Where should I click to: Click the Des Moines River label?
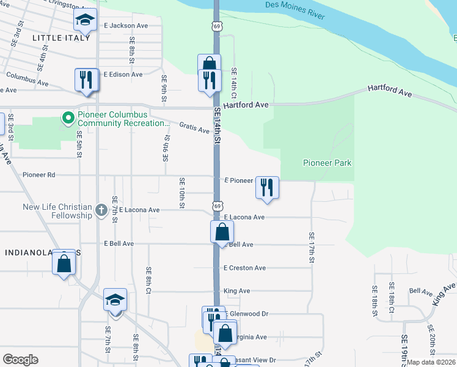pyautogui.click(x=294, y=10)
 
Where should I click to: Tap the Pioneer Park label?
pyautogui.click(x=327, y=163)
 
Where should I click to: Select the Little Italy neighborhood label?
pyautogui.click(x=60, y=38)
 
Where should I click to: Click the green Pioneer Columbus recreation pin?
pyautogui.click(x=67, y=117)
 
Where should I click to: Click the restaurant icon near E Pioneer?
pyautogui.click(x=266, y=187)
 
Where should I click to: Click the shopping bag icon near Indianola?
pyautogui.click(x=64, y=263)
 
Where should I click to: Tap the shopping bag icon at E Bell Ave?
pyautogui.click(x=222, y=232)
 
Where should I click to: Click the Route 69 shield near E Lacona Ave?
pyautogui.click(x=217, y=206)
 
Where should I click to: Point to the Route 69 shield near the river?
pyautogui.click(x=216, y=26)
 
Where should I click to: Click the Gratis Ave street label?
pyautogui.click(x=194, y=127)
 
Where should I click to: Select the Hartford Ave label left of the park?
pyautogui.click(x=246, y=105)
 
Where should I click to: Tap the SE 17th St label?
pyautogui.click(x=312, y=248)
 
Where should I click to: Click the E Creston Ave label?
pyautogui.click(x=244, y=268)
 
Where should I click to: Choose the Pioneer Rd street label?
pyautogui.click(x=38, y=175)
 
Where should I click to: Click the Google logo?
pyautogui.click(x=20, y=360)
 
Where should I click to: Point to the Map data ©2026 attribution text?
pyautogui.click(x=431, y=362)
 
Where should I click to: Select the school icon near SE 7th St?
pyautogui.click(x=114, y=300)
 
